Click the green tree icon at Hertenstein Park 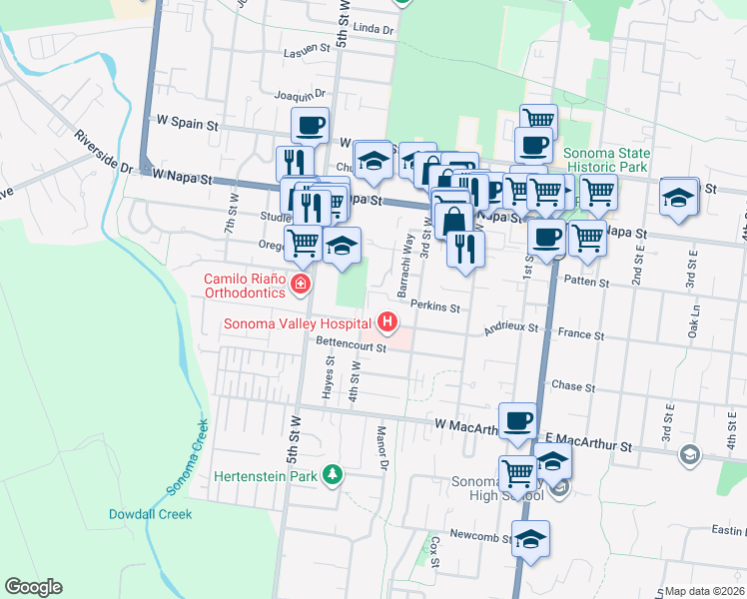click(332, 476)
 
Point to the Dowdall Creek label click(150, 515)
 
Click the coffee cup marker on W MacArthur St click(516, 420)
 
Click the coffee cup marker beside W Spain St click(310, 126)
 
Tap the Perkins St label click(434, 307)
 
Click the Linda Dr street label click(374, 31)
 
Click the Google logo click(33, 587)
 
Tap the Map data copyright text click(704, 591)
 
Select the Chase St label click(573, 386)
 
